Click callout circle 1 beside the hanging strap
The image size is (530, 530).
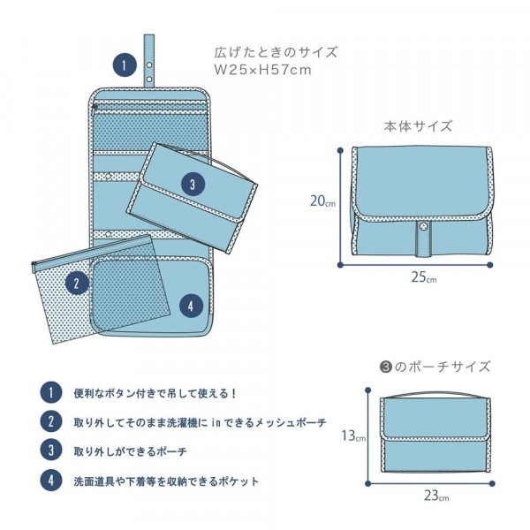point(125,64)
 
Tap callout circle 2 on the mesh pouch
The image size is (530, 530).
point(77,283)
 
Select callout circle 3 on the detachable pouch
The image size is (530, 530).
point(193,185)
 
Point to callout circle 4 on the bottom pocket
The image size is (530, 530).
point(191,306)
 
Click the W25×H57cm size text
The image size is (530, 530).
point(262,70)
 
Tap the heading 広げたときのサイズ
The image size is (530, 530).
point(276,52)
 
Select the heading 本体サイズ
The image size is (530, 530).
point(418,126)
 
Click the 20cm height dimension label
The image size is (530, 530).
point(322,201)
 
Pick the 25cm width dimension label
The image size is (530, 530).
point(423,277)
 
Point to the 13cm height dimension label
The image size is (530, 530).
point(353,435)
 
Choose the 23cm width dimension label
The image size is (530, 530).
point(436,496)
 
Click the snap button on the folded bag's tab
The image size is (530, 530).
point(423,226)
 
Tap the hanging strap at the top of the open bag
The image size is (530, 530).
point(149,60)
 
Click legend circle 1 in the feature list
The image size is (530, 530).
point(51,393)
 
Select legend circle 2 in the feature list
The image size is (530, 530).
point(51,421)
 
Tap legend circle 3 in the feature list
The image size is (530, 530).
point(51,450)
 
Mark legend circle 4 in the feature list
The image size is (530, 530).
point(51,480)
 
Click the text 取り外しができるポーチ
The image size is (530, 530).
point(130,451)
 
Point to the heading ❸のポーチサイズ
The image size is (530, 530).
point(435,367)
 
